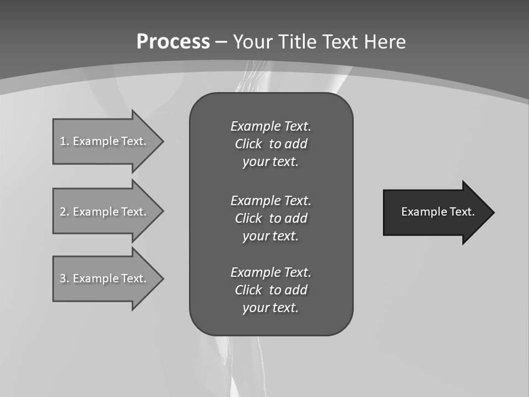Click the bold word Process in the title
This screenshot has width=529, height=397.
[x=173, y=42]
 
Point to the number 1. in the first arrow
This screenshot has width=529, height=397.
[x=64, y=141]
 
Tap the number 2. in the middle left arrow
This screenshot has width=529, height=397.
[x=64, y=212]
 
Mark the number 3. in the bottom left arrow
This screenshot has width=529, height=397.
[x=64, y=278]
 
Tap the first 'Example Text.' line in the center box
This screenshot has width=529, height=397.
[x=271, y=126]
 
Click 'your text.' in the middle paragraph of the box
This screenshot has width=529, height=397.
[x=271, y=236]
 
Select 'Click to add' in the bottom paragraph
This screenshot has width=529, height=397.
[x=271, y=290]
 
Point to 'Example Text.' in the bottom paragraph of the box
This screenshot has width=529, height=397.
[x=271, y=272]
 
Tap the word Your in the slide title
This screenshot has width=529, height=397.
[x=251, y=42]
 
